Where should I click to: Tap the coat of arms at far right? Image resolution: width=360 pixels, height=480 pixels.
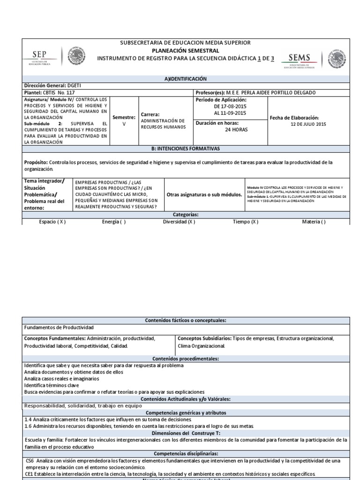(x=337, y=59)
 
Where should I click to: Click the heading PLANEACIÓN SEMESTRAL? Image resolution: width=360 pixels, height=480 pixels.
(x=186, y=50)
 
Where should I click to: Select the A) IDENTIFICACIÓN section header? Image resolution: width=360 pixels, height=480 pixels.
(x=186, y=79)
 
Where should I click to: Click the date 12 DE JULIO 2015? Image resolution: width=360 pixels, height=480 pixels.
(x=308, y=124)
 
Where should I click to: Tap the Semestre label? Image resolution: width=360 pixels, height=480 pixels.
(x=124, y=117)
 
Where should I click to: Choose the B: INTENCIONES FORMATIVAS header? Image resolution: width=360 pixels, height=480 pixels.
(x=186, y=149)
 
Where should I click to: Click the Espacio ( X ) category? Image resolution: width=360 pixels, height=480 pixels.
(x=52, y=222)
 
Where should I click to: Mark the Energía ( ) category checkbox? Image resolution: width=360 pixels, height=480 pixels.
(x=114, y=222)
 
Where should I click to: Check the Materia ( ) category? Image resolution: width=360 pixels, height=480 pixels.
(x=314, y=222)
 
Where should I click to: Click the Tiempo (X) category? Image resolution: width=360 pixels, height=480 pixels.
(x=245, y=222)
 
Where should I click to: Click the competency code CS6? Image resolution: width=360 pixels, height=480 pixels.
(x=30, y=461)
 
